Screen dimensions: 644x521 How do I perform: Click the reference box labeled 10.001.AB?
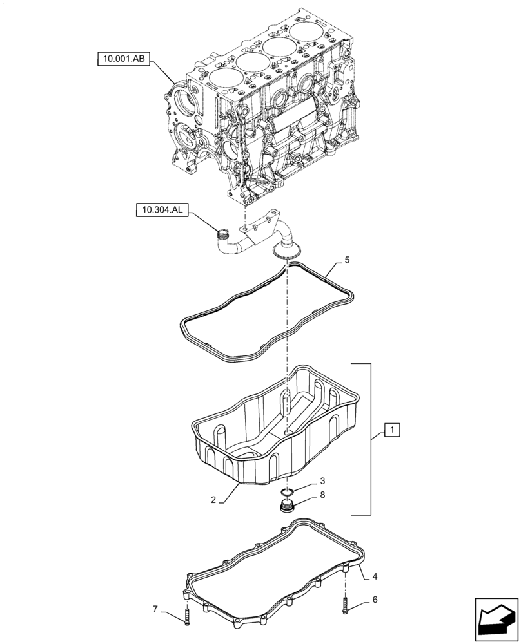(x=124, y=60)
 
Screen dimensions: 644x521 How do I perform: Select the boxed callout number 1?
(x=393, y=430)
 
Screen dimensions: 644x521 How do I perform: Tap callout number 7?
(x=155, y=610)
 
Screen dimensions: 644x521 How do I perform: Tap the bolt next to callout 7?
(x=186, y=616)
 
